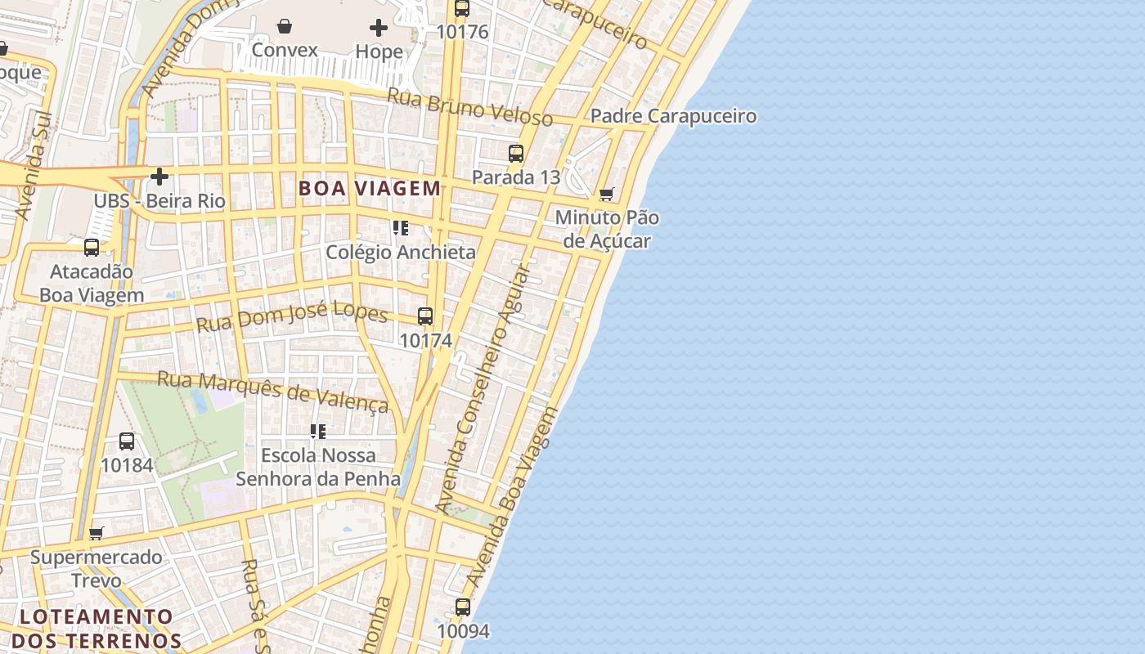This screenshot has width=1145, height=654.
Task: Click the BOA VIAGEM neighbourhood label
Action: [x=370, y=189]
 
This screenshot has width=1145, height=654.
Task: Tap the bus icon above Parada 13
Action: [x=516, y=154]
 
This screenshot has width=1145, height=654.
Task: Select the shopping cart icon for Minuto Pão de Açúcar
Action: [x=606, y=195]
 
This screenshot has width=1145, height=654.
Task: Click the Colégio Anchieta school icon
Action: [x=401, y=228]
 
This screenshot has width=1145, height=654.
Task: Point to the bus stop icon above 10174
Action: [x=425, y=316]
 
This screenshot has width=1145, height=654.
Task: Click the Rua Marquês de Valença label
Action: [x=272, y=392]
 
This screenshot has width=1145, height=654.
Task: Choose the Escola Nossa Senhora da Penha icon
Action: [x=318, y=431]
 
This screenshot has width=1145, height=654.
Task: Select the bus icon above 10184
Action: [x=127, y=441]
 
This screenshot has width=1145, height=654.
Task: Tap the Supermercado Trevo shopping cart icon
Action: [x=97, y=534]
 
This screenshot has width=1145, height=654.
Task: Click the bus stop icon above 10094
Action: [x=463, y=607]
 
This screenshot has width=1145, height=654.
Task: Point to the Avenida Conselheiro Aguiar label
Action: [x=483, y=387]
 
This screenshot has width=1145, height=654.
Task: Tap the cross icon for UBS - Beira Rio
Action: [x=159, y=177]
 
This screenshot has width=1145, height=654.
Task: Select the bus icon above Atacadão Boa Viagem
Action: [x=92, y=247]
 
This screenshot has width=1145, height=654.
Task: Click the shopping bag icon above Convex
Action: [x=285, y=27]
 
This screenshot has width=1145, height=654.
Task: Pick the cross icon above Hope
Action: [x=379, y=29]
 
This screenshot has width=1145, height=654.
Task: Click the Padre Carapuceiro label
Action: [x=673, y=116]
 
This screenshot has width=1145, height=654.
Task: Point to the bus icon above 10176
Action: [x=462, y=9]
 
